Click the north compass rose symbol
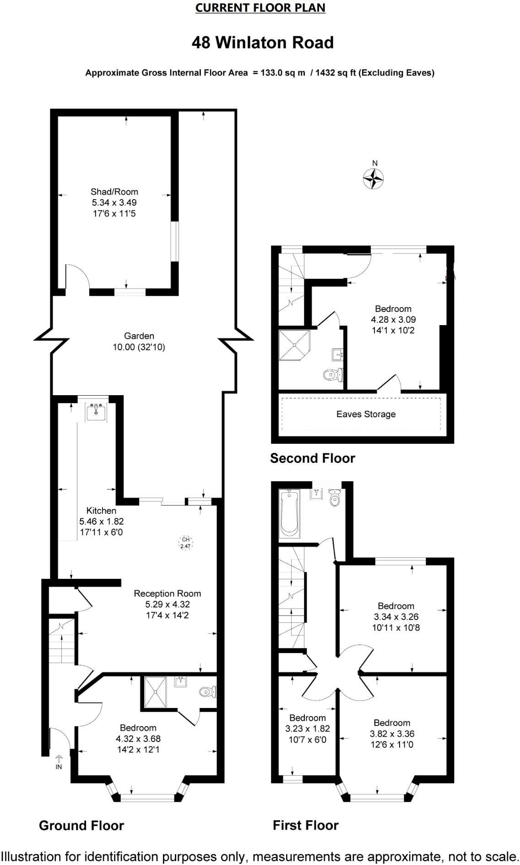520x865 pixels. [373, 178]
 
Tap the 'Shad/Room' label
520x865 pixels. [114, 192]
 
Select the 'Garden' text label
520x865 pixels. [139, 336]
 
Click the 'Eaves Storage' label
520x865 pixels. [366, 414]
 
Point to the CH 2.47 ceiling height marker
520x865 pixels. [185, 543]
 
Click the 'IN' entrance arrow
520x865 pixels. [59, 762]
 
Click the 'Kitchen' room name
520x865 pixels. [101, 511]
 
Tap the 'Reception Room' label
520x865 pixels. [167, 593]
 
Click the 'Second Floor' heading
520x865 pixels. [312, 458]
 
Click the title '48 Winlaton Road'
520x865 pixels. [262, 43]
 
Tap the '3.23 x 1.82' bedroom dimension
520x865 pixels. [308, 729]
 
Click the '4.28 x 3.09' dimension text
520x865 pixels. [393, 320]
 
